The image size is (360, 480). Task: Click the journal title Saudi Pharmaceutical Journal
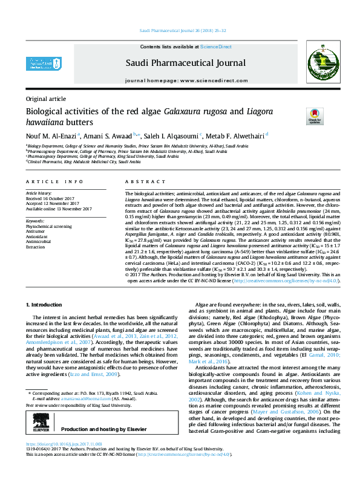(185, 62)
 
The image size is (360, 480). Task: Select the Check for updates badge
(315, 115)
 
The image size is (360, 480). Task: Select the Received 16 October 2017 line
(54, 198)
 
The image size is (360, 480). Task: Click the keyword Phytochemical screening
(48, 226)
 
